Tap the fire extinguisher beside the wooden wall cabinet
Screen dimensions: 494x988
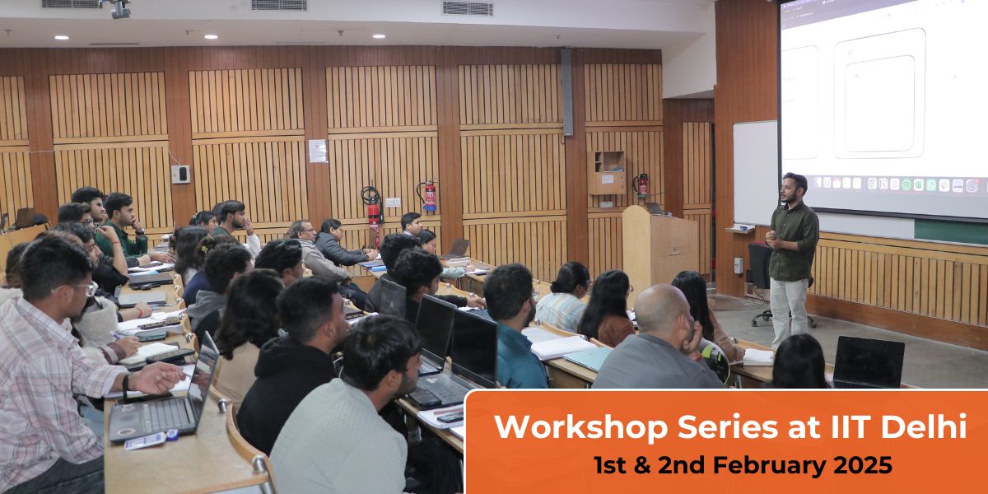[641, 185]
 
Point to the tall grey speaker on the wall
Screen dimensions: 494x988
[566, 91]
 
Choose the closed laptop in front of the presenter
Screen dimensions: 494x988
[868, 362]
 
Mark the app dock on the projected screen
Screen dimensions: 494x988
[897, 184]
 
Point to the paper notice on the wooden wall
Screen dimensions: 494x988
[318, 151]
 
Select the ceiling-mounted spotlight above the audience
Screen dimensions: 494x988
[118, 8]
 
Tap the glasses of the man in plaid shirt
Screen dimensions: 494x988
[82, 288]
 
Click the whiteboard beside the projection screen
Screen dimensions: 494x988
[754, 173]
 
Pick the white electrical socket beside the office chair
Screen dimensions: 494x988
[738, 266]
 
